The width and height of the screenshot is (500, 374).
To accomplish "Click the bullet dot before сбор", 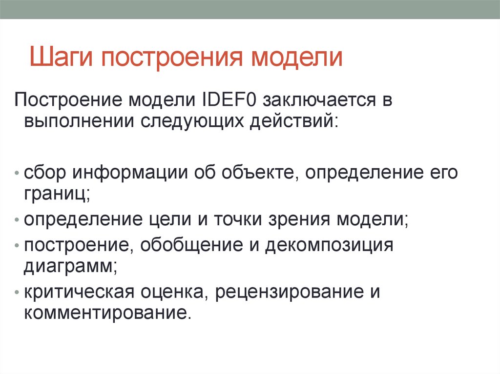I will point(18,175).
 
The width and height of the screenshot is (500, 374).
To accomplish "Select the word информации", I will point(131,173).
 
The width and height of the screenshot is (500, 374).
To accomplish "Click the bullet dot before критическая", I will point(18,293).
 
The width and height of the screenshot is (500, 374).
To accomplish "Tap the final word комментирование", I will point(105,312).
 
